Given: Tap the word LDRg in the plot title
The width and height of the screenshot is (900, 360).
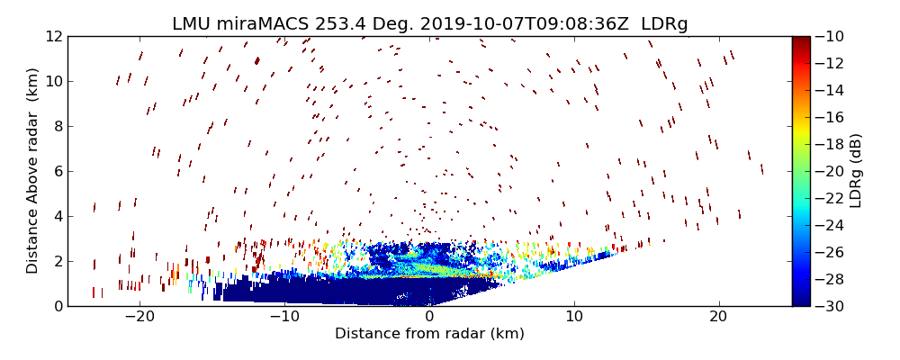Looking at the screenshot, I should click(664, 24).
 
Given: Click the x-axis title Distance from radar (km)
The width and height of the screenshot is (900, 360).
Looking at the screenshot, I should click(429, 334).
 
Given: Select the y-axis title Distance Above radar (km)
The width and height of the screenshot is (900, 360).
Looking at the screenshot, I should click(33, 171).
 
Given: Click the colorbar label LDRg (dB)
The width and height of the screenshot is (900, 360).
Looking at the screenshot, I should click(856, 171).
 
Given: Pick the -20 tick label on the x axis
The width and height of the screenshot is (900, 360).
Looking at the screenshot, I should click(139, 317).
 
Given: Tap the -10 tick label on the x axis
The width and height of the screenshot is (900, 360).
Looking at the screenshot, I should click(284, 317).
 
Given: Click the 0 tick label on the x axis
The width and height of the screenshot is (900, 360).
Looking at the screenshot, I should click(429, 317).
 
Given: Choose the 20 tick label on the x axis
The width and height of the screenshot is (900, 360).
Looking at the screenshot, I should click(718, 317).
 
